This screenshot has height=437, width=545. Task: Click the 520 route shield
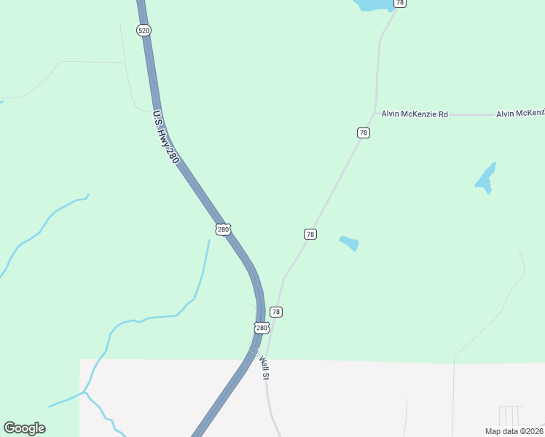point(143,30)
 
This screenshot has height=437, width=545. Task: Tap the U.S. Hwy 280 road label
point(165,136)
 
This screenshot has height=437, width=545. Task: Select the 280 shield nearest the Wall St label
point(262,328)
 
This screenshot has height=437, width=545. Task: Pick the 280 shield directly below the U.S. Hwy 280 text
point(223,229)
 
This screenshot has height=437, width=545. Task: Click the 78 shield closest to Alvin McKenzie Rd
point(363,133)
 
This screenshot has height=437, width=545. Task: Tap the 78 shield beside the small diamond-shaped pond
point(310,234)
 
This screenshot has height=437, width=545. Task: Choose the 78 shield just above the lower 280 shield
point(275,312)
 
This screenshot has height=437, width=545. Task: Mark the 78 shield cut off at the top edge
point(399,4)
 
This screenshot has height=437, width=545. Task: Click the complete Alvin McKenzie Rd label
point(414,114)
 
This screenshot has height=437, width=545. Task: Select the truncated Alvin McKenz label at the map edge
point(520,114)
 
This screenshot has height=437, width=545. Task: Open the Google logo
point(24,428)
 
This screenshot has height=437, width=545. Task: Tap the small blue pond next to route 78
point(349,243)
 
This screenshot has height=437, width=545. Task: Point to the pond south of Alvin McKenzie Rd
point(486,177)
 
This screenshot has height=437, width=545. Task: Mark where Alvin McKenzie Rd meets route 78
point(377,114)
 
